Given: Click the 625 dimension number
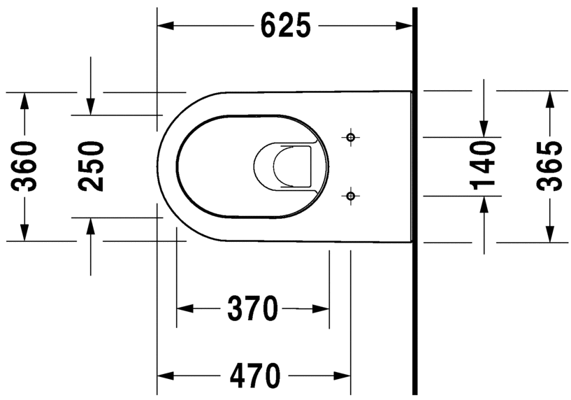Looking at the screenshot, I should (284, 26).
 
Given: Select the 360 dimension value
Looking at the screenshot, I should (25, 166).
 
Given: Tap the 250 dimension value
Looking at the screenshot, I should (91, 166).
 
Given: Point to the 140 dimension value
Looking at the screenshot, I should (482, 165).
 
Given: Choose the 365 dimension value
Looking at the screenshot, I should (549, 166).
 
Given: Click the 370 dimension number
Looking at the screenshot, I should (252, 308).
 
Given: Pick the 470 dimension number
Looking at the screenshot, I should (254, 376).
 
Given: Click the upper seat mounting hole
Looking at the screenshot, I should (351, 136).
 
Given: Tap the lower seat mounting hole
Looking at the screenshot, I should (351, 196).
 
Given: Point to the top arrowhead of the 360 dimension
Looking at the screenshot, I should (25, 100).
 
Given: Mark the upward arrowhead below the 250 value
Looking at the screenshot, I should (91, 226).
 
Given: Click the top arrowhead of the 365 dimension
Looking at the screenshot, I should (549, 99).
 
